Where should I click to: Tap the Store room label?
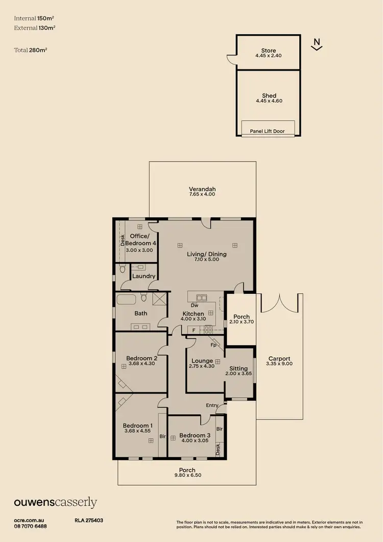pyautogui.click(x=269, y=51)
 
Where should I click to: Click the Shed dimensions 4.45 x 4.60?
pyautogui.click(x=269, y=101)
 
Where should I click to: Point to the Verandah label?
pyautogui.click(x=202, y=189)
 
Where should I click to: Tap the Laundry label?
pyautogui.click(x=143, y=276)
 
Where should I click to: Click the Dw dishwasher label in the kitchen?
pyautogui.click(x=195, y=305)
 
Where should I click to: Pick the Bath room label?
pyautogui.click(x=141, y=313)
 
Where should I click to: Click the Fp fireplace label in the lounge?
pyautogui.click(x=213, y=345)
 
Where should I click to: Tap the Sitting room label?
pyautogui.click(x=238, y=368)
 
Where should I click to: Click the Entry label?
pyautogui.click(x=211, y=405)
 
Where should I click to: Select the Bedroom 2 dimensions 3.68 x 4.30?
pyautogui.click(x=141, y=364)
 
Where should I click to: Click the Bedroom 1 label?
pyautogui.click(x=137, y=425)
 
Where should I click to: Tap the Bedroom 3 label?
pyautogui.click(x=195, y=435)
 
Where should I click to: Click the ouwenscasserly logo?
pyautogui.click(x=55, y=503)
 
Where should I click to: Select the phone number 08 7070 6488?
pyautogui.click(x=30, y=526)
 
